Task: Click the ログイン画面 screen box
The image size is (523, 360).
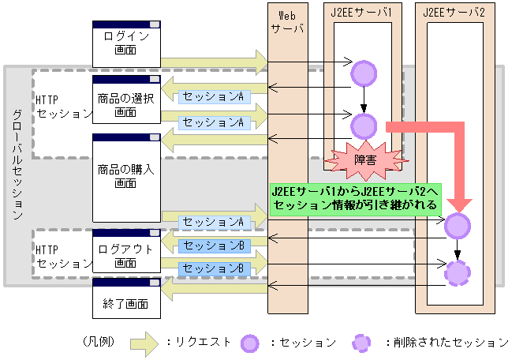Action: (126, 43)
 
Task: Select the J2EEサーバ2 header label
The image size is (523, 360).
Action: (454, 12)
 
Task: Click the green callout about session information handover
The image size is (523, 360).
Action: (355, 198)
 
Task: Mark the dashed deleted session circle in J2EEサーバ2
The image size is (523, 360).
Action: (458, 273)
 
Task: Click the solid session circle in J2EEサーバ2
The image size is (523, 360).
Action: (458, 227)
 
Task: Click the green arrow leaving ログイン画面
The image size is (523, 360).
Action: (213, 60)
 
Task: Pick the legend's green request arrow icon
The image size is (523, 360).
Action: (144, 343)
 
